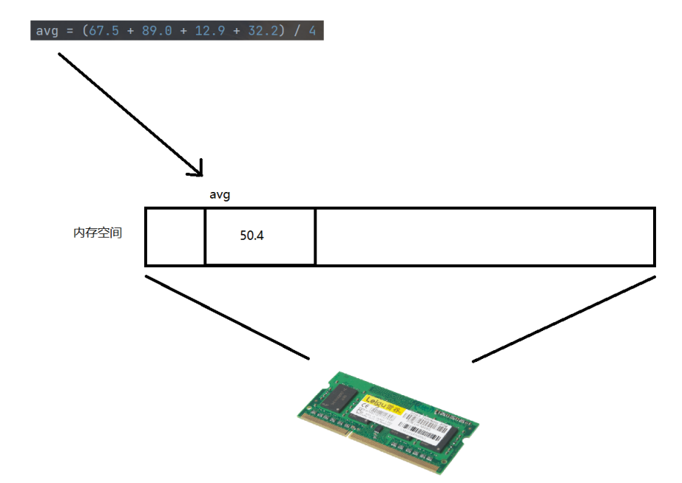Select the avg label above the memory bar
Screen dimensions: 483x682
[x=220, y=195]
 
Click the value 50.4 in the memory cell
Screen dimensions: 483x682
[x=251, y=236]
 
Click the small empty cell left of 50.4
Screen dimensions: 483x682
[x=175, y=236]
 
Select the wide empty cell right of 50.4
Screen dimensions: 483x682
[x=485, y=236]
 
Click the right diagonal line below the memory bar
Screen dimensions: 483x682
[x=564, y=319]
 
